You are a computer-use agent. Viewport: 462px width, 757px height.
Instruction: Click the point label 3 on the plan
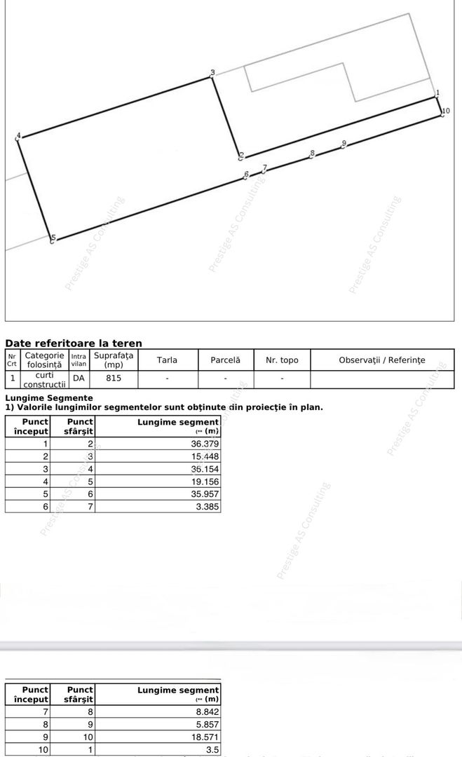(212, 72)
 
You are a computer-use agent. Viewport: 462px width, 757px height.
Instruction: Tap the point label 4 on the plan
(19, 135)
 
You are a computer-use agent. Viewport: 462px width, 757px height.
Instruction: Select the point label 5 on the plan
(53, 238)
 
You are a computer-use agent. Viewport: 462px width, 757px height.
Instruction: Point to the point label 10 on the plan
(446, 111)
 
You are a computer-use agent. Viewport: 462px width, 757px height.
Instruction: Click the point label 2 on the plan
(241, 156)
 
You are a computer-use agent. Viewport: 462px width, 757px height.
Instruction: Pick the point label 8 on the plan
(313, 153)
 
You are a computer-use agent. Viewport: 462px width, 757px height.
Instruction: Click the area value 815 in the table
(114, 378)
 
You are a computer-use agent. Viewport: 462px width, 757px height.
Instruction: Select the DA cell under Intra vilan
(79, 378)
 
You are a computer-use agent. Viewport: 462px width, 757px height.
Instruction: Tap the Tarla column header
(167, 360)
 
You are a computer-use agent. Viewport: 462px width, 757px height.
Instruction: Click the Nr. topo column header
(282, 360)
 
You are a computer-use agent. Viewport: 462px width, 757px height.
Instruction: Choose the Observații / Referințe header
(381, 360)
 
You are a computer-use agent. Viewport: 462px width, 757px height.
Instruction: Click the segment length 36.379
(205, 444)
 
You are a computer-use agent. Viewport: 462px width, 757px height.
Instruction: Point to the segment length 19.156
(205, 482)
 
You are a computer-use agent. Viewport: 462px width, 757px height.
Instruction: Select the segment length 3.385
(207, 506)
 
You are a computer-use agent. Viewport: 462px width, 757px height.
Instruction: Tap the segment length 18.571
(205, 737)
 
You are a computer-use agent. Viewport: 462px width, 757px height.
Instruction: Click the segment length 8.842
(207, 711)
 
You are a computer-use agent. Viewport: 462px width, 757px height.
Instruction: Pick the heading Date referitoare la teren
(74, 343)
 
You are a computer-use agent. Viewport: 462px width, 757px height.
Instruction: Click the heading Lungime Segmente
(49, 398)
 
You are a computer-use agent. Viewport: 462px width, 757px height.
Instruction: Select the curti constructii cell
(43, 380)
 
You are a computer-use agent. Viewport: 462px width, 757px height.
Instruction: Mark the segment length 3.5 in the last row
(212, 749)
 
